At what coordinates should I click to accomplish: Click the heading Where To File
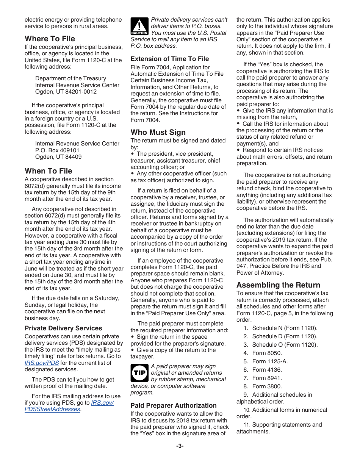pyautogui.click(x=50, y=39)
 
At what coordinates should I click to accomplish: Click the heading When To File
pyautogui.click(x=48, y=171)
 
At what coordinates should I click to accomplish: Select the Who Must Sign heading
pyautogui.click(x=158, y=132)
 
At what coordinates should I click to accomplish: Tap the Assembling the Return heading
pyautogui.click(x=278, y=285)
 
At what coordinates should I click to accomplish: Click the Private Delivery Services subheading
pyautogui.click(x=63, y=328)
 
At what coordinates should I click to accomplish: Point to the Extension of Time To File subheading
pyautogui.click(x=169, y=59)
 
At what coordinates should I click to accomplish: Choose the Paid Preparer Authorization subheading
pyautogui.click(x=174, y=405)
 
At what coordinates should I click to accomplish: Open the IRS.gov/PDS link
pyautogui.click(x=42, y=363)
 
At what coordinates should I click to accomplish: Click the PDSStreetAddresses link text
pyautogui.click(x=52, y=409)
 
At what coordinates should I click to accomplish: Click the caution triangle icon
pyautogui.click(x=139, y=27)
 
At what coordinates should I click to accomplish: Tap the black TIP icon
pyautogui.click(x=139, y=373)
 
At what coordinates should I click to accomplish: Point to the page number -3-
pyautogui.click(x=180, y=446)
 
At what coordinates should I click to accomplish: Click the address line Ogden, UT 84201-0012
pyautogui.click(x=66, y=92)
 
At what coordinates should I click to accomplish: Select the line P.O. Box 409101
pyautogui.click(x=57, y=150)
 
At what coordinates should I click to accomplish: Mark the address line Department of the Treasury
pyautogui.click(x=70, y=78)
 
